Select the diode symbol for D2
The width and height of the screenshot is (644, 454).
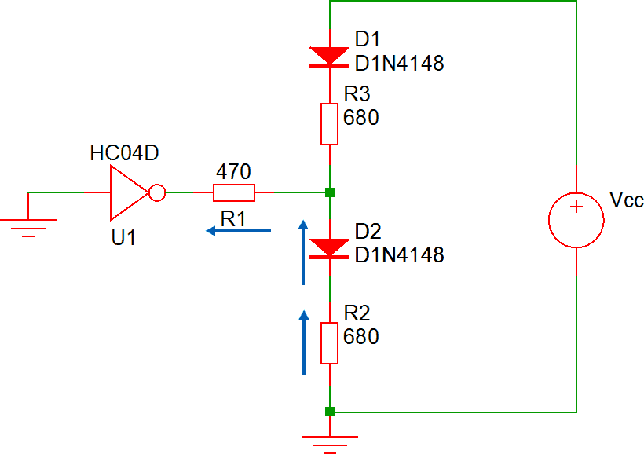[330, 247]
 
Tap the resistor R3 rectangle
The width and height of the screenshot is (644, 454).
[330, 124]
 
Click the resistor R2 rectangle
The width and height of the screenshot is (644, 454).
[330, 343]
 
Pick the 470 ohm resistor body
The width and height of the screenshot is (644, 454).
[234, 192]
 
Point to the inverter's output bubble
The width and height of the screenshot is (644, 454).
[157, 192]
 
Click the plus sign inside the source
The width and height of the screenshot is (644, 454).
[577, 207]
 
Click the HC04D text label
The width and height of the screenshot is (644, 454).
[125, 154]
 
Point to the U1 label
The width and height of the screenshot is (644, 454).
[123, 237]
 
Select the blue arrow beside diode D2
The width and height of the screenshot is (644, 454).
[302, 251]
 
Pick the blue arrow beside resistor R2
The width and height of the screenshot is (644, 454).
[303, 341]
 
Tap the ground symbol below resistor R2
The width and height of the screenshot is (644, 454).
[330, 442]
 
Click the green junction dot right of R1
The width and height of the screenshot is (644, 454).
[330, 192]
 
